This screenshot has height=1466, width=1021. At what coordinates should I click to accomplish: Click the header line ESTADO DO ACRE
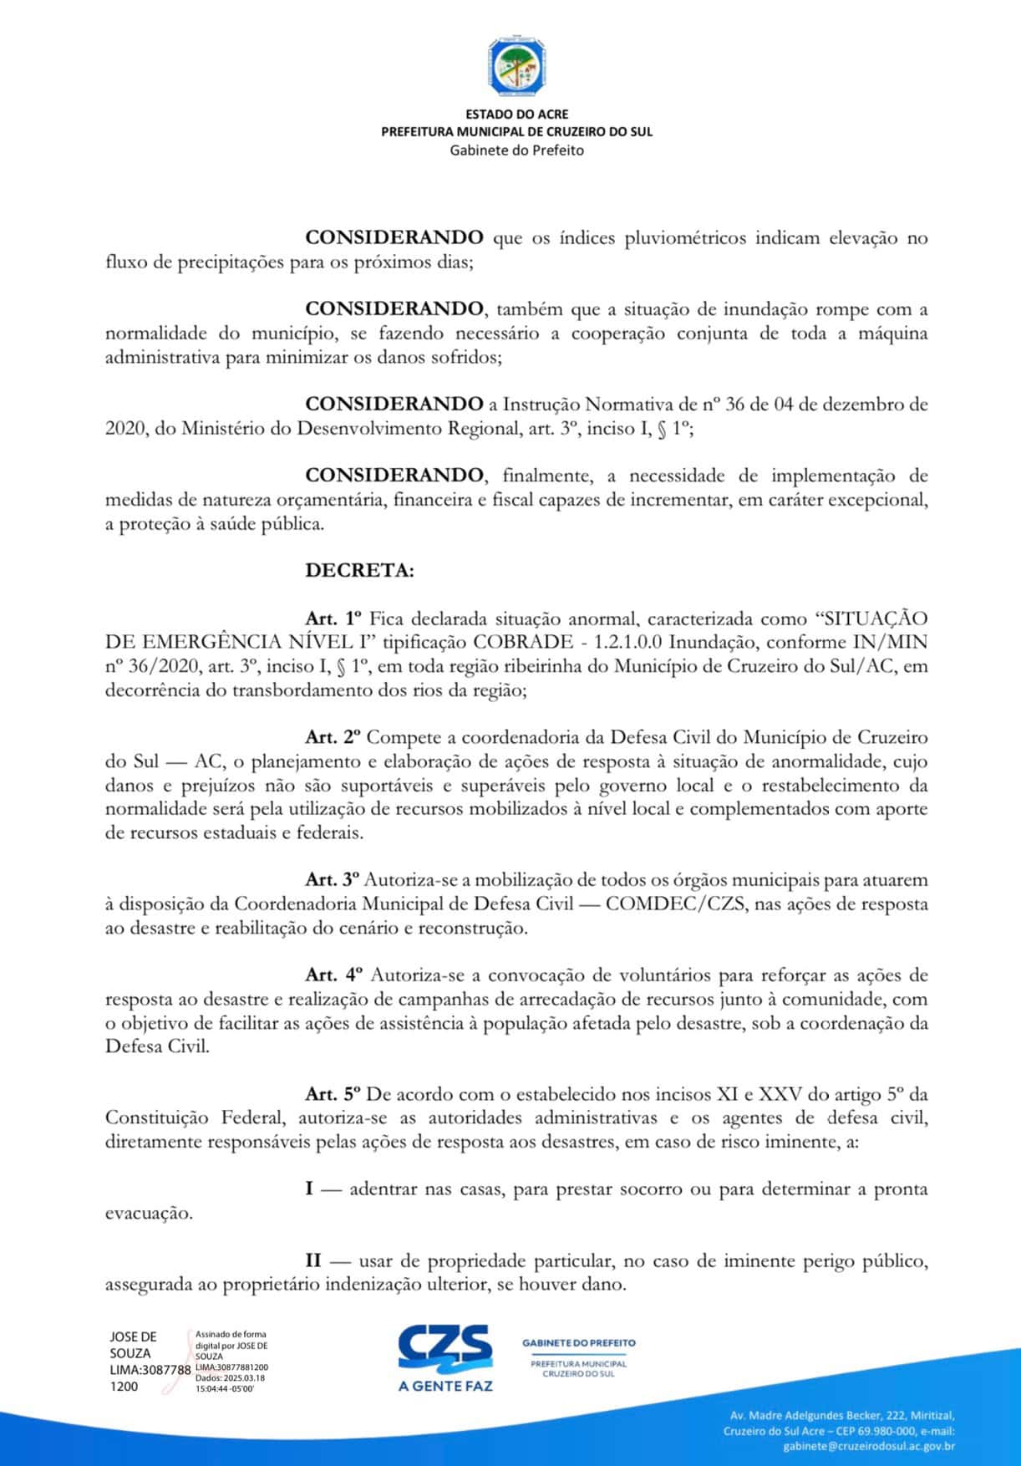516,115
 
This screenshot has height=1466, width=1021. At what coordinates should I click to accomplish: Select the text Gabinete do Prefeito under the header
516,150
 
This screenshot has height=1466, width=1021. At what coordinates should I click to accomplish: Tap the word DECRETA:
359,571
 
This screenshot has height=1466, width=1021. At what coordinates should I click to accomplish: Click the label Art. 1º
333,618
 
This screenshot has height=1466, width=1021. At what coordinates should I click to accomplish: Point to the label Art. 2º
333,737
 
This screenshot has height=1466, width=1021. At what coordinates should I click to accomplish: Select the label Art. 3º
333,879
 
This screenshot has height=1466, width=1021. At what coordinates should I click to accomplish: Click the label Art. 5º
333,1093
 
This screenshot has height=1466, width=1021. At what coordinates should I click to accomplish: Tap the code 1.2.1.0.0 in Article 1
628,643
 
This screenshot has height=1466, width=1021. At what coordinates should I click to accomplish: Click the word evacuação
149,1213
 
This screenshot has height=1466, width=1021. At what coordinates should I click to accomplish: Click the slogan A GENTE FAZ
445,1386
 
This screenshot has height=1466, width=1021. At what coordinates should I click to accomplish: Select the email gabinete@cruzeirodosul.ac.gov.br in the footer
869,1445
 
